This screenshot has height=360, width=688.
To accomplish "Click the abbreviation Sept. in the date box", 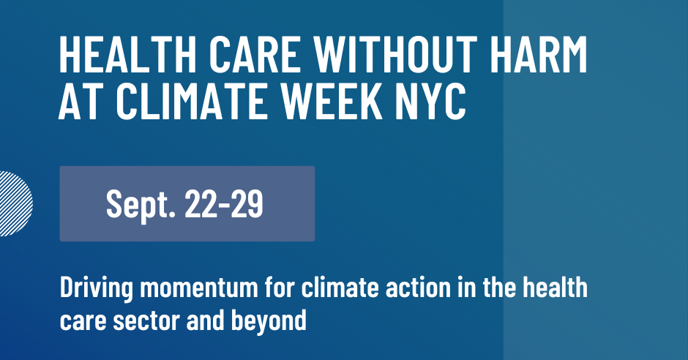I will click(x=141, y=203).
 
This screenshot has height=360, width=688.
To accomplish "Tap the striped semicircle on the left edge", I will click(x=15, y=203).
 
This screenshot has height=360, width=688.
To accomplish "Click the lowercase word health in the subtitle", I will click(x=554, y=288).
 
